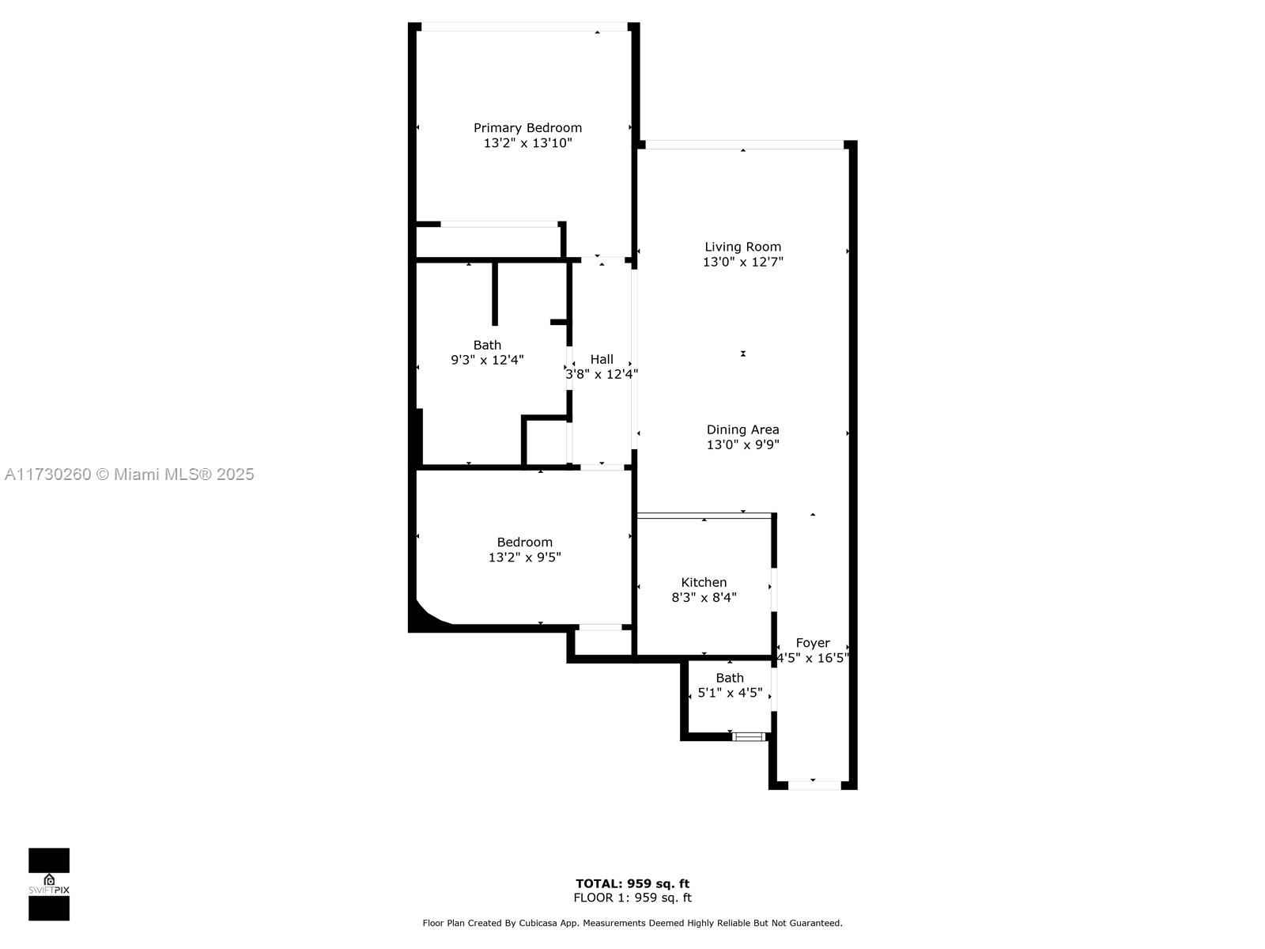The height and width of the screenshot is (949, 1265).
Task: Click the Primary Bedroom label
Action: click(x=527, y=127)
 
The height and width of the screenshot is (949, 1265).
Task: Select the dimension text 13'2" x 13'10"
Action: click(x=527, y=143)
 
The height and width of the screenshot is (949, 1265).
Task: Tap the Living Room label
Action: click(x=742, y=247)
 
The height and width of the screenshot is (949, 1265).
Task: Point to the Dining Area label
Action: click(x=742, y=429)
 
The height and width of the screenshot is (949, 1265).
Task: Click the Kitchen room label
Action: click(x=704, y=582)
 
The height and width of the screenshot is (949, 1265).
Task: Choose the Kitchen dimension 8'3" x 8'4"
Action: click(x=704, y=598)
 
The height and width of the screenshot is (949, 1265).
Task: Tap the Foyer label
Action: click(x=813, y=643)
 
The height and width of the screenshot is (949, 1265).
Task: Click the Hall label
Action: click(x=602, y=359)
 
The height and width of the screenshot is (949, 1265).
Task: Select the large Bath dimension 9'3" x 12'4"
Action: click(x=487, y=360)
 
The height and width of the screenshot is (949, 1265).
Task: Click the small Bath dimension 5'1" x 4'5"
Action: click(x=730, y=693)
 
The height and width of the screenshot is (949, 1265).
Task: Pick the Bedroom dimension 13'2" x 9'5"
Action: click(x=524, y=558)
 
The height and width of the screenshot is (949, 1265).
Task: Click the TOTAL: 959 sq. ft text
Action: click(x=632, y=883)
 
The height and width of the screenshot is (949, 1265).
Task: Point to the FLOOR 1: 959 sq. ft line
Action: click(x=632, y=898)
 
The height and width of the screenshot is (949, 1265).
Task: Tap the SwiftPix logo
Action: click(x=49, y=884)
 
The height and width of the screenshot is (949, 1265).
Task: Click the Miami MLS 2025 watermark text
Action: click(x=129, y=475)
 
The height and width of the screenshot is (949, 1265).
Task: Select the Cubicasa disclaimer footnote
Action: click(x=632, y=923)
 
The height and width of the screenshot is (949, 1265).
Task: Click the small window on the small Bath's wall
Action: click(x=749, y=736)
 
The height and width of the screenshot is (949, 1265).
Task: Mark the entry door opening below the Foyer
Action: click(x=814, y=785)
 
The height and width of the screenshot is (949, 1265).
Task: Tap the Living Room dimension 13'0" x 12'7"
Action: click(x=742, y=262)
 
